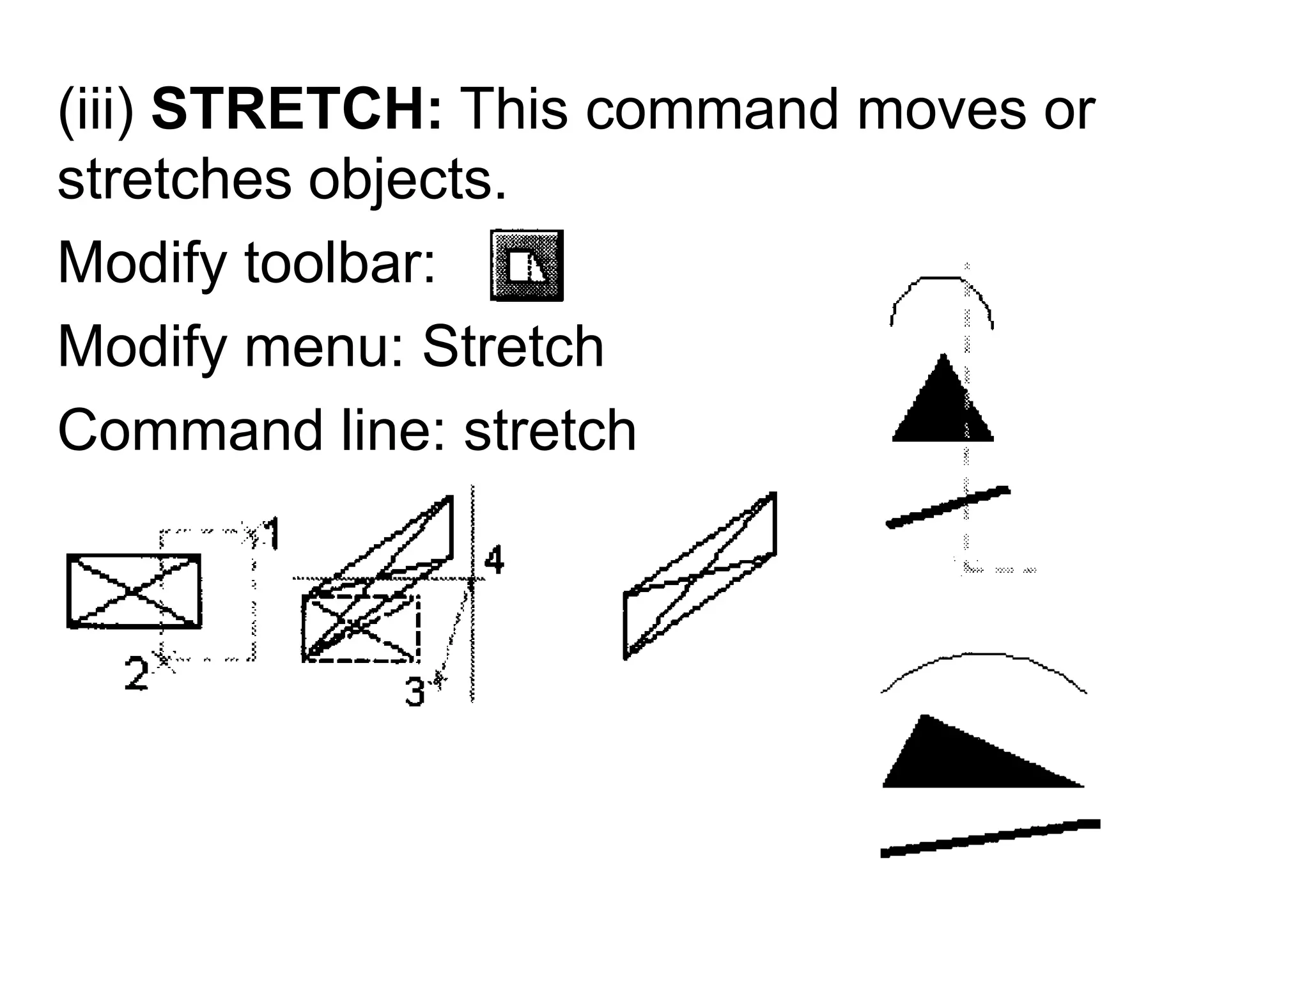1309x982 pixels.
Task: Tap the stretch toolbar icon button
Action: [x=527, y=265]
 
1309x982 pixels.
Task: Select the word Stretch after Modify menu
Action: [x=513, y=347]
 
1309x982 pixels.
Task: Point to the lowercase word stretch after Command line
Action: [x=550, y=430]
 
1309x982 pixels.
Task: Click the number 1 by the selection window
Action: [x=272, y=534]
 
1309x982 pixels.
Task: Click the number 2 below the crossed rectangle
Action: [x=136, y=673]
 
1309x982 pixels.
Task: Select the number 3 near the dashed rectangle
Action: [x=415, y=692]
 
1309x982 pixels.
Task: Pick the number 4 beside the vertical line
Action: [x=493, y=560]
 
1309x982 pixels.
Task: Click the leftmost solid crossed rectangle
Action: [x=134, y=591]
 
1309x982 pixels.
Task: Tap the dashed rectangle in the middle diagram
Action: [x=361, y=628]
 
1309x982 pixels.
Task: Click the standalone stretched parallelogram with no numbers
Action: [x=699, y=575]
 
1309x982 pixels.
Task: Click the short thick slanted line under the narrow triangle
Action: [x=947, y=507]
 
